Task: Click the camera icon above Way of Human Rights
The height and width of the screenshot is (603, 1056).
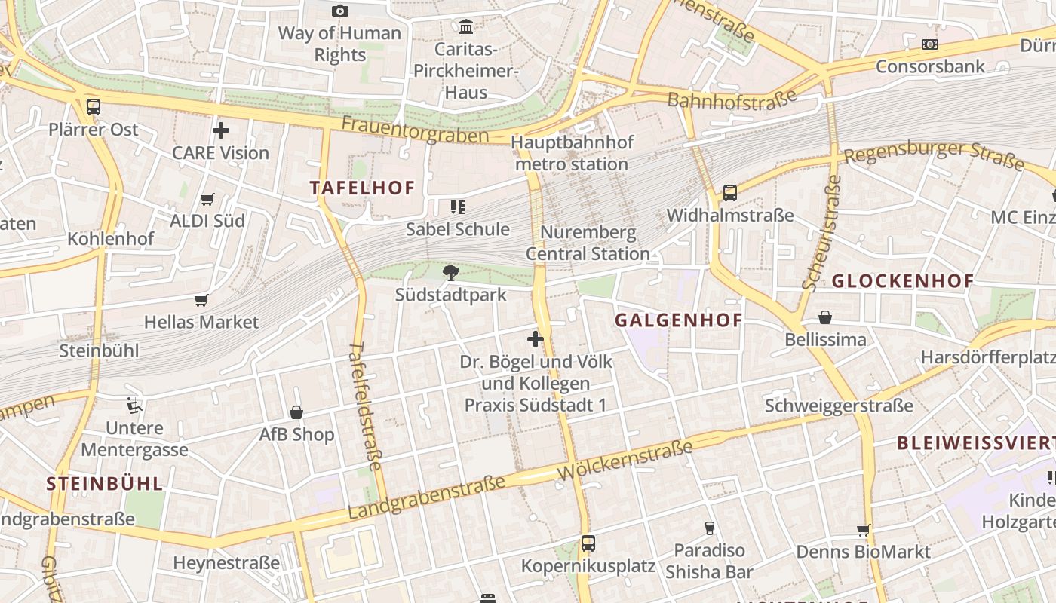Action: (340, 11)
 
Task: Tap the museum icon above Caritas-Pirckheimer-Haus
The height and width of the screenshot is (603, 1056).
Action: (466, 27)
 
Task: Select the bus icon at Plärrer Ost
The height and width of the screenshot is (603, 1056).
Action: (94, 107)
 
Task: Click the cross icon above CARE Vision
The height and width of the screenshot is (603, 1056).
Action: (220, 130)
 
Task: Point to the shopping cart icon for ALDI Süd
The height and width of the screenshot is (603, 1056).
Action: (207, 199)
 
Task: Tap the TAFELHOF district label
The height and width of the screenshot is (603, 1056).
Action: (363, 188)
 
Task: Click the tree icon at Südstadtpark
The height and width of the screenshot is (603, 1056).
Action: (451, 272)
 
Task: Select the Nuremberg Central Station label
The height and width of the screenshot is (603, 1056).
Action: (588, 243)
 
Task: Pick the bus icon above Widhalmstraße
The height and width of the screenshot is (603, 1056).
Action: (730, 193)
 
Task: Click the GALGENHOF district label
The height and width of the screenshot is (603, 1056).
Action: (679, 320)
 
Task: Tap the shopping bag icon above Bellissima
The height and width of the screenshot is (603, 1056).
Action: (825, 317)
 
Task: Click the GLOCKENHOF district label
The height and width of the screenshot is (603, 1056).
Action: (903, 281)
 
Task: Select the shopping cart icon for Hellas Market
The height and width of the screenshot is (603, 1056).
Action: (201, 300)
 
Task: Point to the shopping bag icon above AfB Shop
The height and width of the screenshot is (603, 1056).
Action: (296, 412)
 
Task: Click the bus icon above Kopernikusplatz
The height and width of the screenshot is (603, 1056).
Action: (588, 543)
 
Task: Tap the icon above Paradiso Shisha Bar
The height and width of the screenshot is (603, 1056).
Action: (709, 528)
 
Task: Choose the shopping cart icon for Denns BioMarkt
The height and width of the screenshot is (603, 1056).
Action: (864, 530)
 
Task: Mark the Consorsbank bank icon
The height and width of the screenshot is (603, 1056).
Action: (930, 44)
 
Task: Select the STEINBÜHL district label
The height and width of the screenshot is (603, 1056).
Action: (104, 484)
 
